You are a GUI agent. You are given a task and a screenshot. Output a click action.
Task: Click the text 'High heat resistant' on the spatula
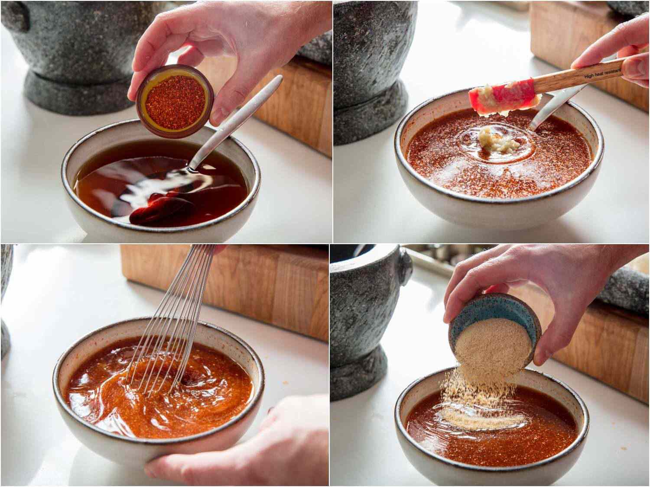(x=601, y=74)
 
